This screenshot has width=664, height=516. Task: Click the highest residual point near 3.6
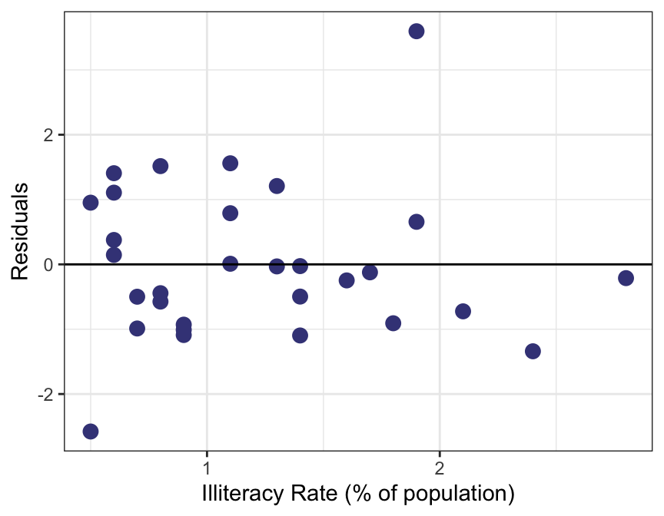click(417, 31)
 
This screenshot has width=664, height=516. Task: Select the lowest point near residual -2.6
click(91, 432)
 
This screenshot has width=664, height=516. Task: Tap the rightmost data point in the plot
click(626, 278)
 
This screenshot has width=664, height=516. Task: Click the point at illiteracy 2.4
click(533, 351)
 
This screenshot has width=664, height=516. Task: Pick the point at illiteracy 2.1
click(463, 311)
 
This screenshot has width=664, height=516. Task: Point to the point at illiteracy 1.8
click(393, 323)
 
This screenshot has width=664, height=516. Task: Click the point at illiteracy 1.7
click(370, 273)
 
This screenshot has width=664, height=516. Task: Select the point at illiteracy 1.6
click(347, 280)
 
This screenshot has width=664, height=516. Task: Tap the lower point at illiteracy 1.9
click(417, 222)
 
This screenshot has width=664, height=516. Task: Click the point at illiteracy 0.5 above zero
click(91, 203)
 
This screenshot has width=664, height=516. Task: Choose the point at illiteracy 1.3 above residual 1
click(277, 186)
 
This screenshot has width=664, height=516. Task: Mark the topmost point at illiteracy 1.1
click(230, 164)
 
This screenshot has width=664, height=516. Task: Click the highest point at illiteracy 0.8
click(161, 166)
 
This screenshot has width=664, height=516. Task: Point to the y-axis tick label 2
click(48, 135)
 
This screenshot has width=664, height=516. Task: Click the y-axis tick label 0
click(48, 265)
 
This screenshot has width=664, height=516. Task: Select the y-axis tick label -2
click(45, 395)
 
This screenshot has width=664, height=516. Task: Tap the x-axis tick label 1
click(207, 467)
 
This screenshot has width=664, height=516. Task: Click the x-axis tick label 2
click(440, 467)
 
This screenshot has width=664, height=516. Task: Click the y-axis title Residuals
click(21, 230)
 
